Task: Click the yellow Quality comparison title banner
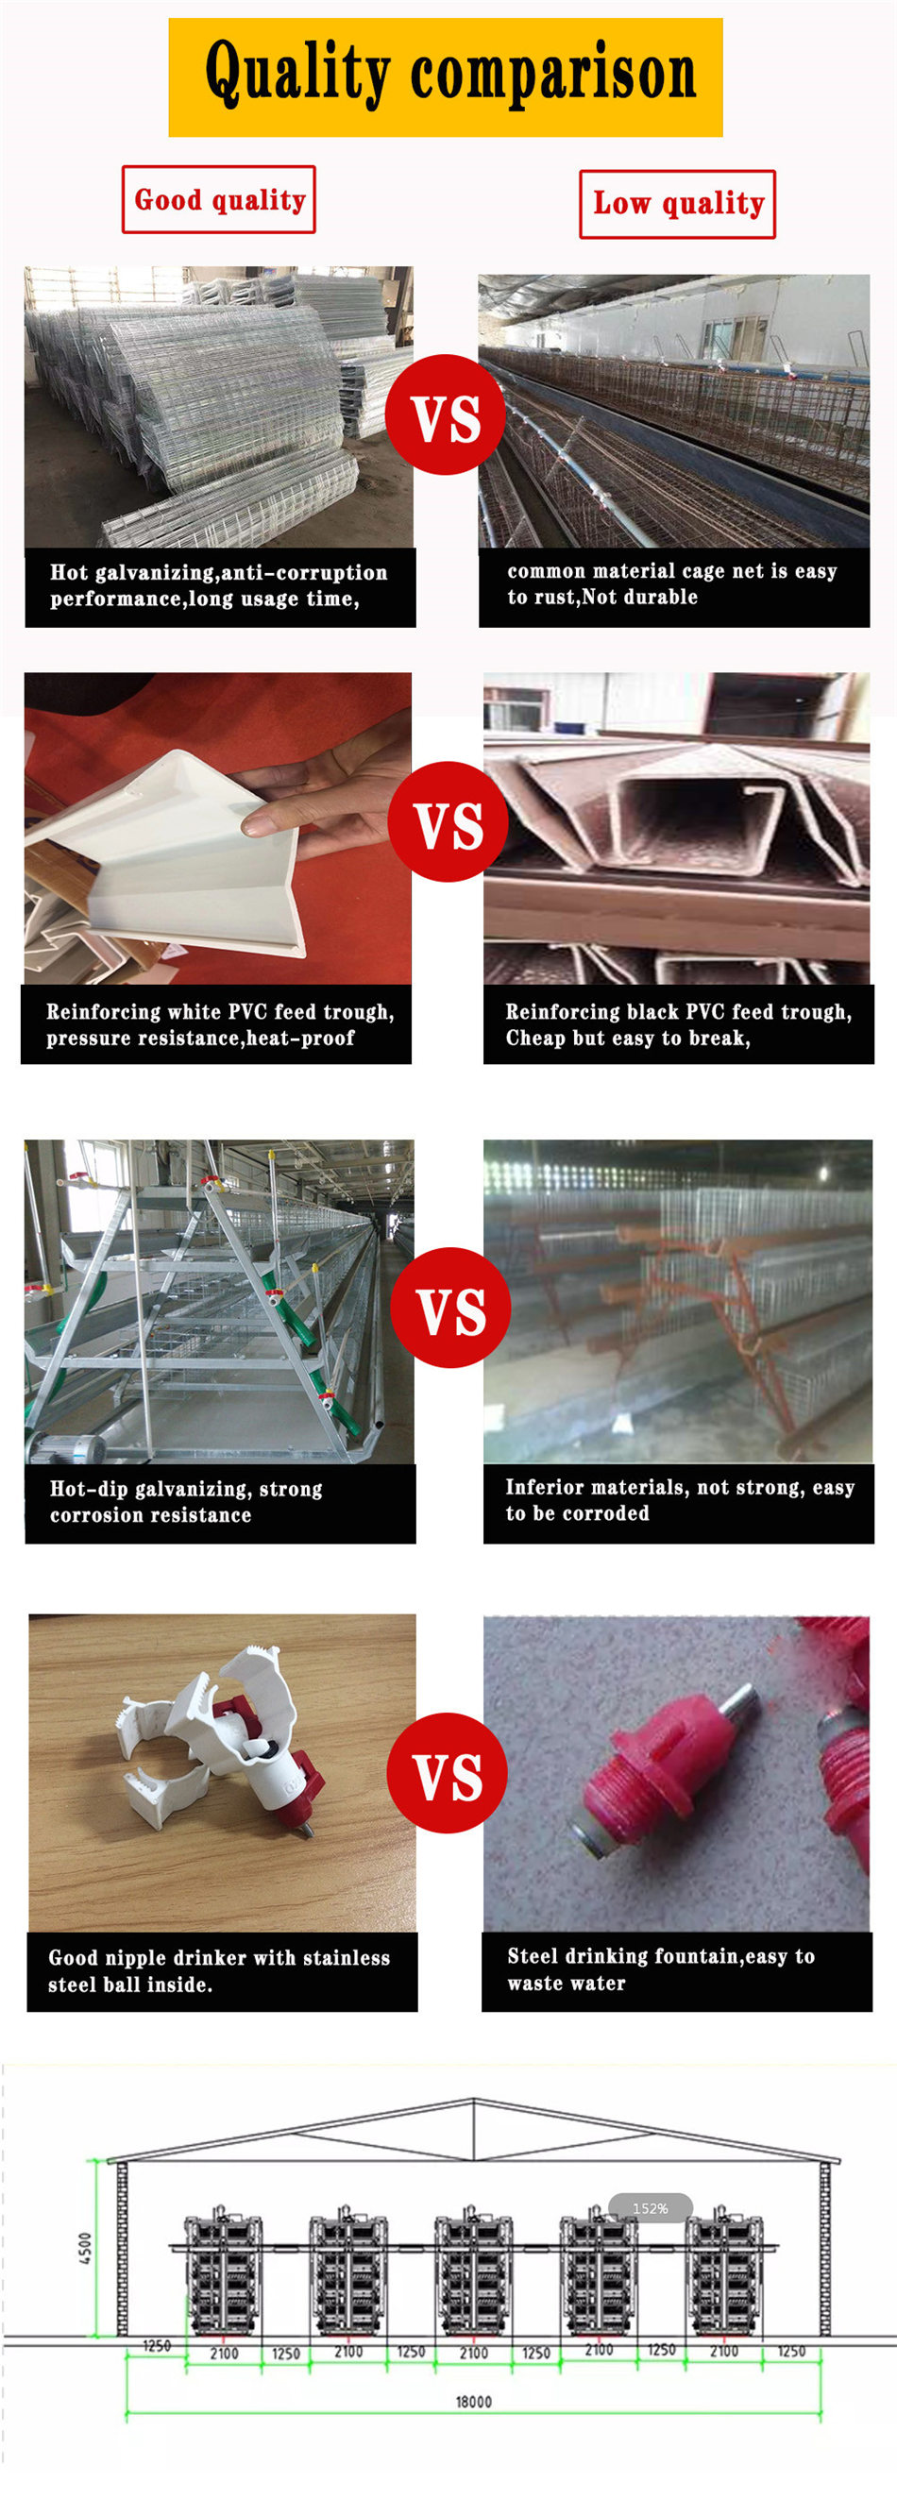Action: (446, 77)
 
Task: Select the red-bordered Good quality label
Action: (219, 199)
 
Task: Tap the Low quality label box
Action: (677, 204)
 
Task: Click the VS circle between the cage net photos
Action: (446, 415)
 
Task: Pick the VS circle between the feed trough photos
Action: (448, 821)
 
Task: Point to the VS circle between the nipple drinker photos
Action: (448, 1773)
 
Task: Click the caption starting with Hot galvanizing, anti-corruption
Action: (220, 586)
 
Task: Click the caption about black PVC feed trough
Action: (679, 1023)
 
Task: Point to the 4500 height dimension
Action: (85, 2247)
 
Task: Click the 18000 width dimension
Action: (474, 2402)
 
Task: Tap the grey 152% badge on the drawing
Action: (650, 2208)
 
